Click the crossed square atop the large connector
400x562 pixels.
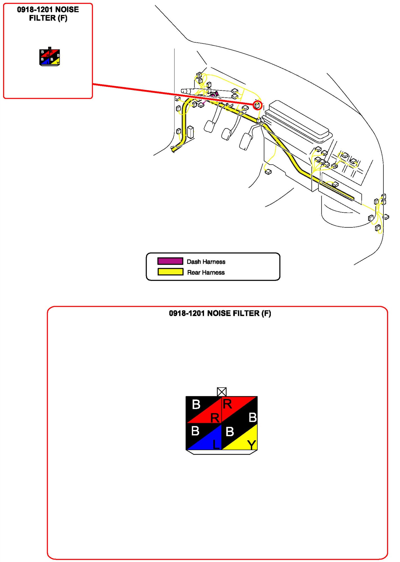[222, 391]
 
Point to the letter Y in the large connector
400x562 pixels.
[251, 445]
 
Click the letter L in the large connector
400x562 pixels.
[216, 444]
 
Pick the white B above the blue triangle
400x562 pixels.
[195, 430]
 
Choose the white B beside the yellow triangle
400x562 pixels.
[230, 431]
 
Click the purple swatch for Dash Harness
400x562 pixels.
[170, 261]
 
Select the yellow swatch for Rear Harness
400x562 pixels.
[170, 272]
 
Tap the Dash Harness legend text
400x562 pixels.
[206, 262]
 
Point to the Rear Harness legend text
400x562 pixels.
[206, 272]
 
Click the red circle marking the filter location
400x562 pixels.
[258, 105]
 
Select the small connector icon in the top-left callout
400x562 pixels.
[50, 57]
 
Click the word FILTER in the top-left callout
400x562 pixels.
[42, 18]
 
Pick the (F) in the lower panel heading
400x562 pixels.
[266, 313]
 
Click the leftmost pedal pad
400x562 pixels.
[209, 126]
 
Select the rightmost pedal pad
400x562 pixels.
[245, 141]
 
